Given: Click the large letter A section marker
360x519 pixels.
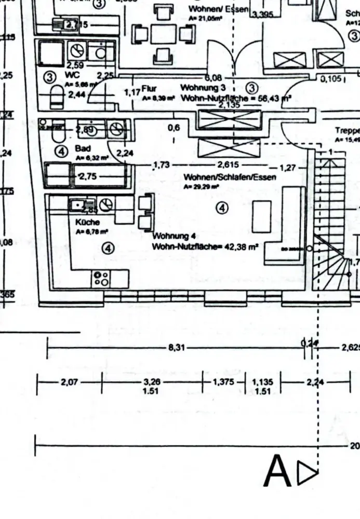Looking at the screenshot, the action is tap(278, 472).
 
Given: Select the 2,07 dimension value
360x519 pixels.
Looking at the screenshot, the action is tap(69, 383).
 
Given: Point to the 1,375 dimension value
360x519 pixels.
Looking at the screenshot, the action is tap(223, 383).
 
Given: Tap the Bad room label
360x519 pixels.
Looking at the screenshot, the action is tap(82, 148).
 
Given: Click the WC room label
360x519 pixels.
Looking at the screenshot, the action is tap(72, 75).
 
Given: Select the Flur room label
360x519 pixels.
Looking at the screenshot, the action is tap(149, 89).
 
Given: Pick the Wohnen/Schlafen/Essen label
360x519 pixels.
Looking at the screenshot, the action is tap(230, 177).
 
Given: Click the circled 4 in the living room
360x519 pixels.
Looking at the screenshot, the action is tap(222, 208).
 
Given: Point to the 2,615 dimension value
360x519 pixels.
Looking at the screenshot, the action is tap(229, 166).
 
